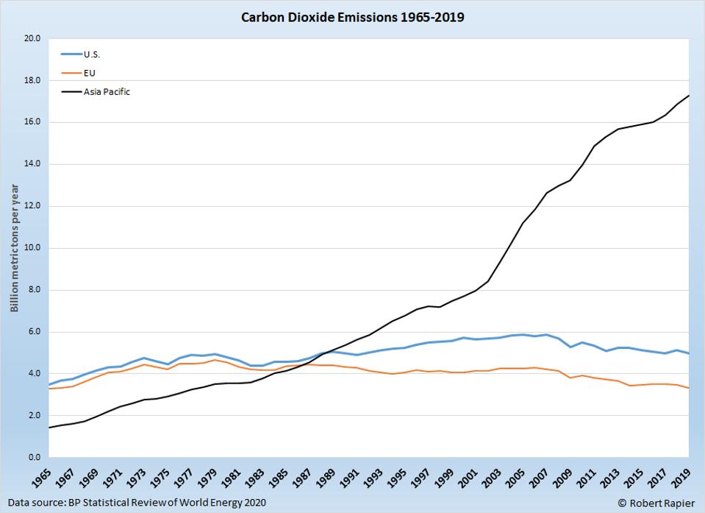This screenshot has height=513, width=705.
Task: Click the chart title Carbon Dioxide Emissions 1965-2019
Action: click(x=353, y=16)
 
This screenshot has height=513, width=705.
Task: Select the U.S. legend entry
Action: click(x=92, y=54)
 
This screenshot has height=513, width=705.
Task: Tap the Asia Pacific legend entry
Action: click(x=107, y=92)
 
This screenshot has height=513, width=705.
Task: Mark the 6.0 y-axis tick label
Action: click(x=34, y=332)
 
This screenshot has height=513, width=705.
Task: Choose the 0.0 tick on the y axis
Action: click(x=34, y=458)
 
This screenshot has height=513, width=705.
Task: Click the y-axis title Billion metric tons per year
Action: click(x=14, y=248)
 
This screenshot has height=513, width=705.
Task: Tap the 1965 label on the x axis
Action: click(x=42, y=479)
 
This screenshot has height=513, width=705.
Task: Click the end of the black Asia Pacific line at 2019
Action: click(x=689, y=95)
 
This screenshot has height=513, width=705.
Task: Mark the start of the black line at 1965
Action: click(x=49, y=428)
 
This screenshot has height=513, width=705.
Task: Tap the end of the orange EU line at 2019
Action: click(x=689, y=388)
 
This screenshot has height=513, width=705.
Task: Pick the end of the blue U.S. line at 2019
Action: click(x=689, y=353)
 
